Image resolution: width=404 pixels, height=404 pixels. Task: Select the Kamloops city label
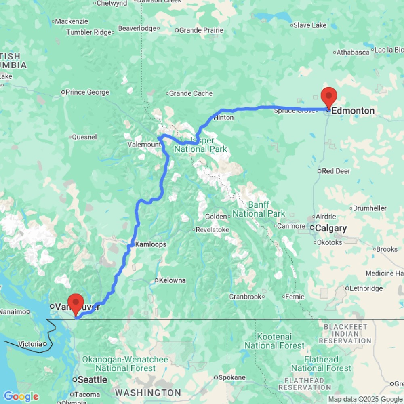(151, 244)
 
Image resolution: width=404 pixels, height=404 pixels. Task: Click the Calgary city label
(331, 228)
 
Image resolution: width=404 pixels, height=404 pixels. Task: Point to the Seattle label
(93, 380)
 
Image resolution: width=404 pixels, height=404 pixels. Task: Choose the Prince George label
(88, 92)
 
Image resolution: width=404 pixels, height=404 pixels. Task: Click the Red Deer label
(336, 171)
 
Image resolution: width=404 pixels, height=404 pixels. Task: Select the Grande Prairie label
(201, 30)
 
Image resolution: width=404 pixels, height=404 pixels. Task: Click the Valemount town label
(144, 145)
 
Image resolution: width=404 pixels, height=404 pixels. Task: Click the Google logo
(21, 397)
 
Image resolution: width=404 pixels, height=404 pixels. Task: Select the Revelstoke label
(213, 230)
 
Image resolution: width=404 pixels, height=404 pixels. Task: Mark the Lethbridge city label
(366, 288)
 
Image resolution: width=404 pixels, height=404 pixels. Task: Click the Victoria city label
(30, 344)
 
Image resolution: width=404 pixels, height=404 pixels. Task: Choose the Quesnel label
(84, 137)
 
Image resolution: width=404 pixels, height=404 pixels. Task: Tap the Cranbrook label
(246, 297)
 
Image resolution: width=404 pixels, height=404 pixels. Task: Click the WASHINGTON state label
(148, 393)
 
